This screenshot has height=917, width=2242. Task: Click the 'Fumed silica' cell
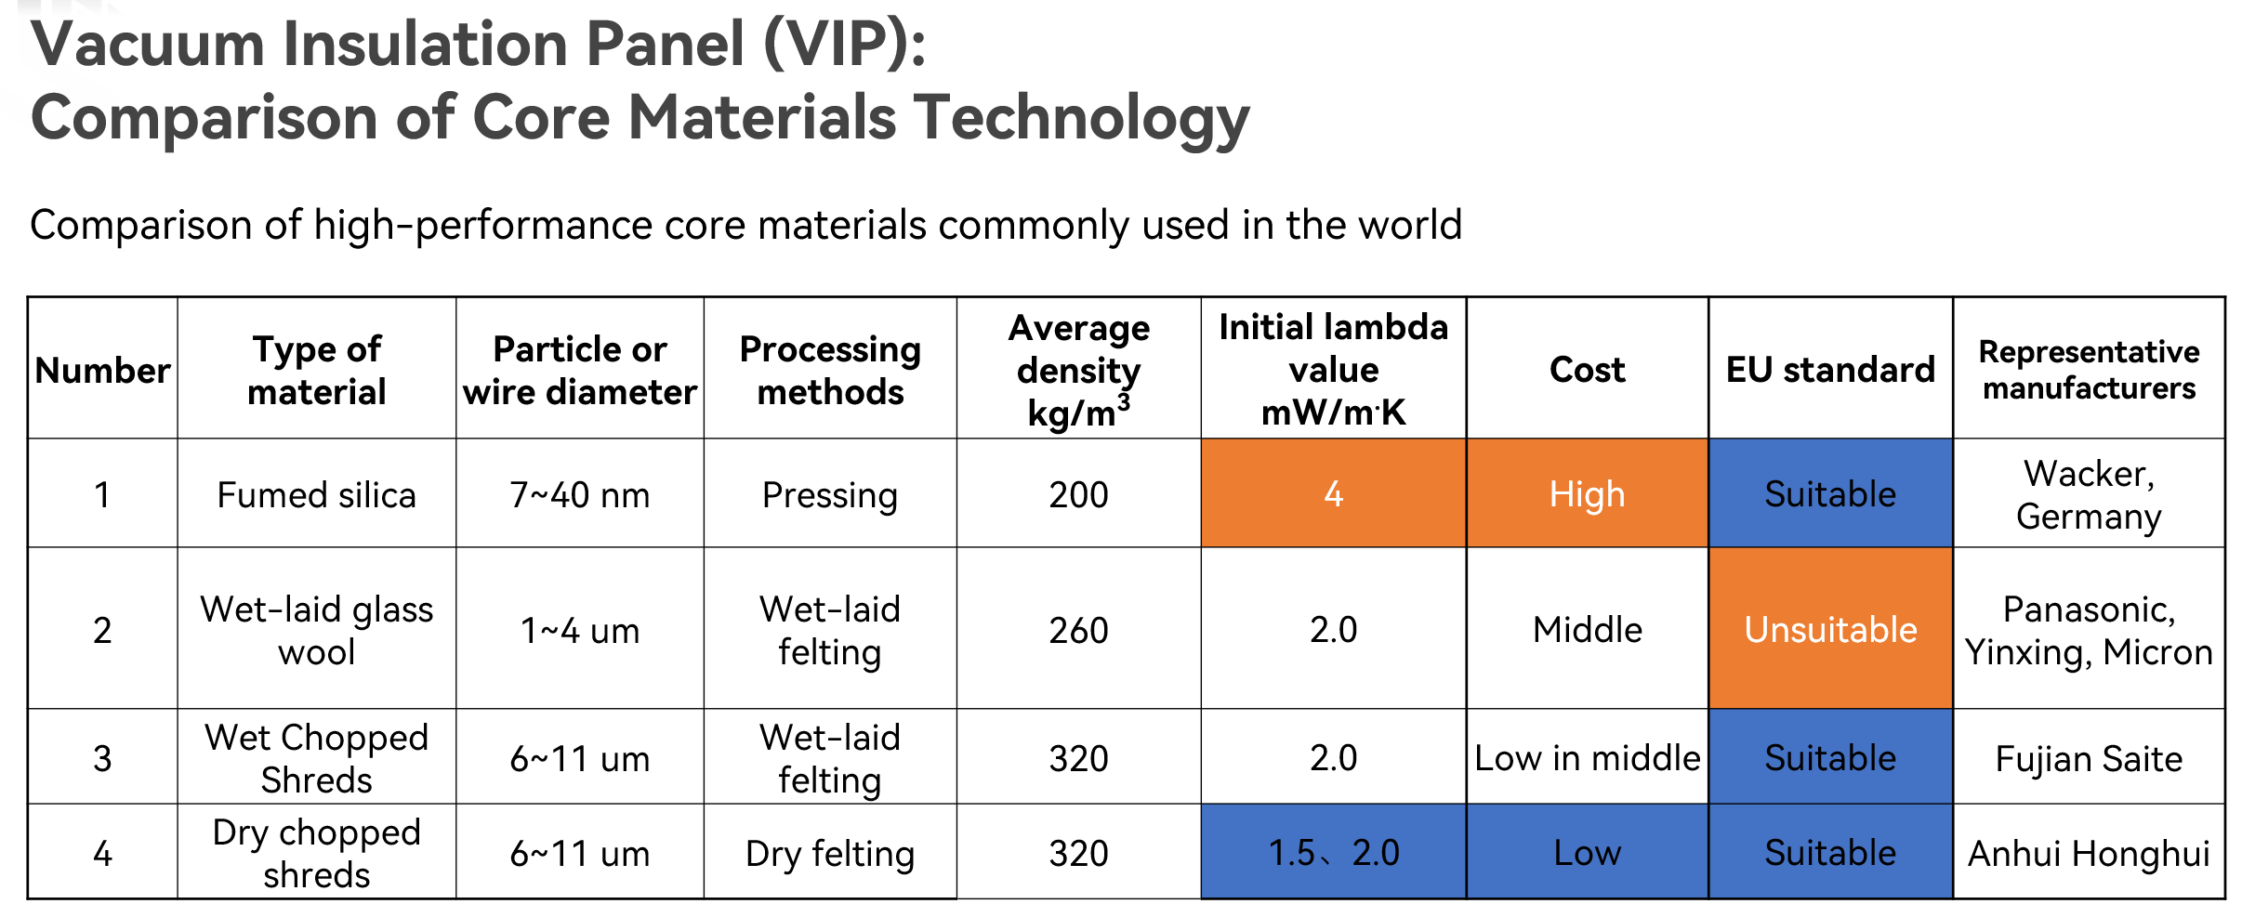[316, 493]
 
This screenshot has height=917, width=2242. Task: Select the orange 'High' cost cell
[1587, 493]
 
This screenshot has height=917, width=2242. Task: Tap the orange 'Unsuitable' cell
[1830, 629]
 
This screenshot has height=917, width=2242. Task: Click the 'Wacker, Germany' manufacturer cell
[2089, 493]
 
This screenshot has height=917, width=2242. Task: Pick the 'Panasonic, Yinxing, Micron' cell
[2089, 629]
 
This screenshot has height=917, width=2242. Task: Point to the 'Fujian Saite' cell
[2089, 758]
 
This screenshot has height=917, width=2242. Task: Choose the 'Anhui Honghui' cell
[2089, 852]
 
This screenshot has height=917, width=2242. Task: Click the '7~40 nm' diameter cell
[580, 493]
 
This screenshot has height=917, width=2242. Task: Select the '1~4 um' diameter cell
[580, 629]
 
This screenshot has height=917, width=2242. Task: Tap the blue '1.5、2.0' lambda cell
[1334, 852]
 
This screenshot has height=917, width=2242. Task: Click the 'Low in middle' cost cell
[1587, 758]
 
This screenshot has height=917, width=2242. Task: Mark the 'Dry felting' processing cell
[830, 852]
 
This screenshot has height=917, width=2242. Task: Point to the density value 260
[1078, 630]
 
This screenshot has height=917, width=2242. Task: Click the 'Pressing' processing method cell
[830, 493]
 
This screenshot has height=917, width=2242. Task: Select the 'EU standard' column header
[1830, 369]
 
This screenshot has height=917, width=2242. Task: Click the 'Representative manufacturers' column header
[2089, 369]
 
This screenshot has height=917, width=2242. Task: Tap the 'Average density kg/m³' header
[1078, 369]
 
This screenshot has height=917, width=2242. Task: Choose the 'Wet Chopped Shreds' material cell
[316, 758]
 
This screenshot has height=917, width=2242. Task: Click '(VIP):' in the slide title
[844, 45]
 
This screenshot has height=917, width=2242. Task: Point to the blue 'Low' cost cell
[1587, 852]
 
